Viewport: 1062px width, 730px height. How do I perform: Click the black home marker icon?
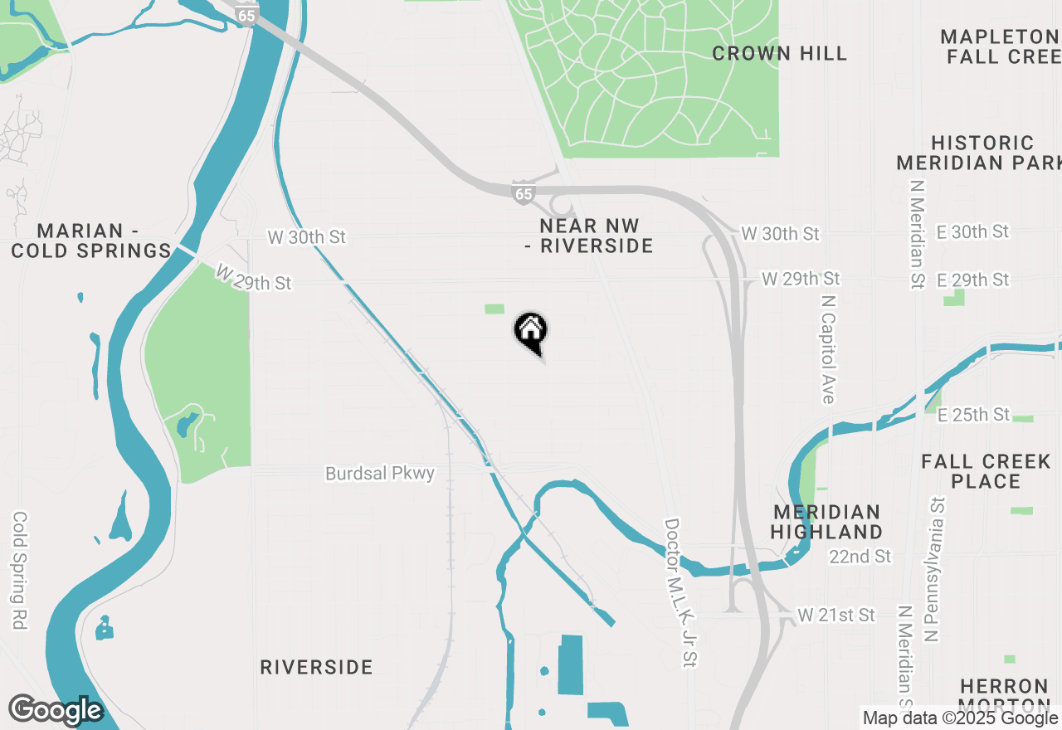point(531,333)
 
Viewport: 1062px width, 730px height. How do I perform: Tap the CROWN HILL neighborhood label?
point(779,54)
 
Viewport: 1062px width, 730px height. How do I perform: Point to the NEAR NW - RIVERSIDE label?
point(590,236)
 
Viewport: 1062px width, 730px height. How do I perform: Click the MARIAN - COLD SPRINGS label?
point(91,241)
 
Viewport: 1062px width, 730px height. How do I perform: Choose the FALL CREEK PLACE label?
point(986,471)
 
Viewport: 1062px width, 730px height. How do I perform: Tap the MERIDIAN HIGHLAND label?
point(826,522)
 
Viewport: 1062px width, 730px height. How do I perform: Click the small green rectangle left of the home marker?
point(494,309)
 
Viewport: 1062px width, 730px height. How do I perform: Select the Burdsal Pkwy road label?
point(380,474)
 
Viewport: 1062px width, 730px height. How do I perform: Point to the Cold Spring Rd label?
point(20,570)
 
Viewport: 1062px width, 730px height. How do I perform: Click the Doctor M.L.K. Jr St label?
point(681,592)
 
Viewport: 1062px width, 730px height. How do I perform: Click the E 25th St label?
point(974,414)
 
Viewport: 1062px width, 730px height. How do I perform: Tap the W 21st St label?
point(836,616)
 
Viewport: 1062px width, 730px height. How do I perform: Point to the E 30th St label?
point(973,231)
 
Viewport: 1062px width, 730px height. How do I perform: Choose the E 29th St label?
point(973,280)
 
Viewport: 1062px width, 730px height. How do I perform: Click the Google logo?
point(56,710)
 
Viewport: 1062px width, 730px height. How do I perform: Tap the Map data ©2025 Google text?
point(961,718)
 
